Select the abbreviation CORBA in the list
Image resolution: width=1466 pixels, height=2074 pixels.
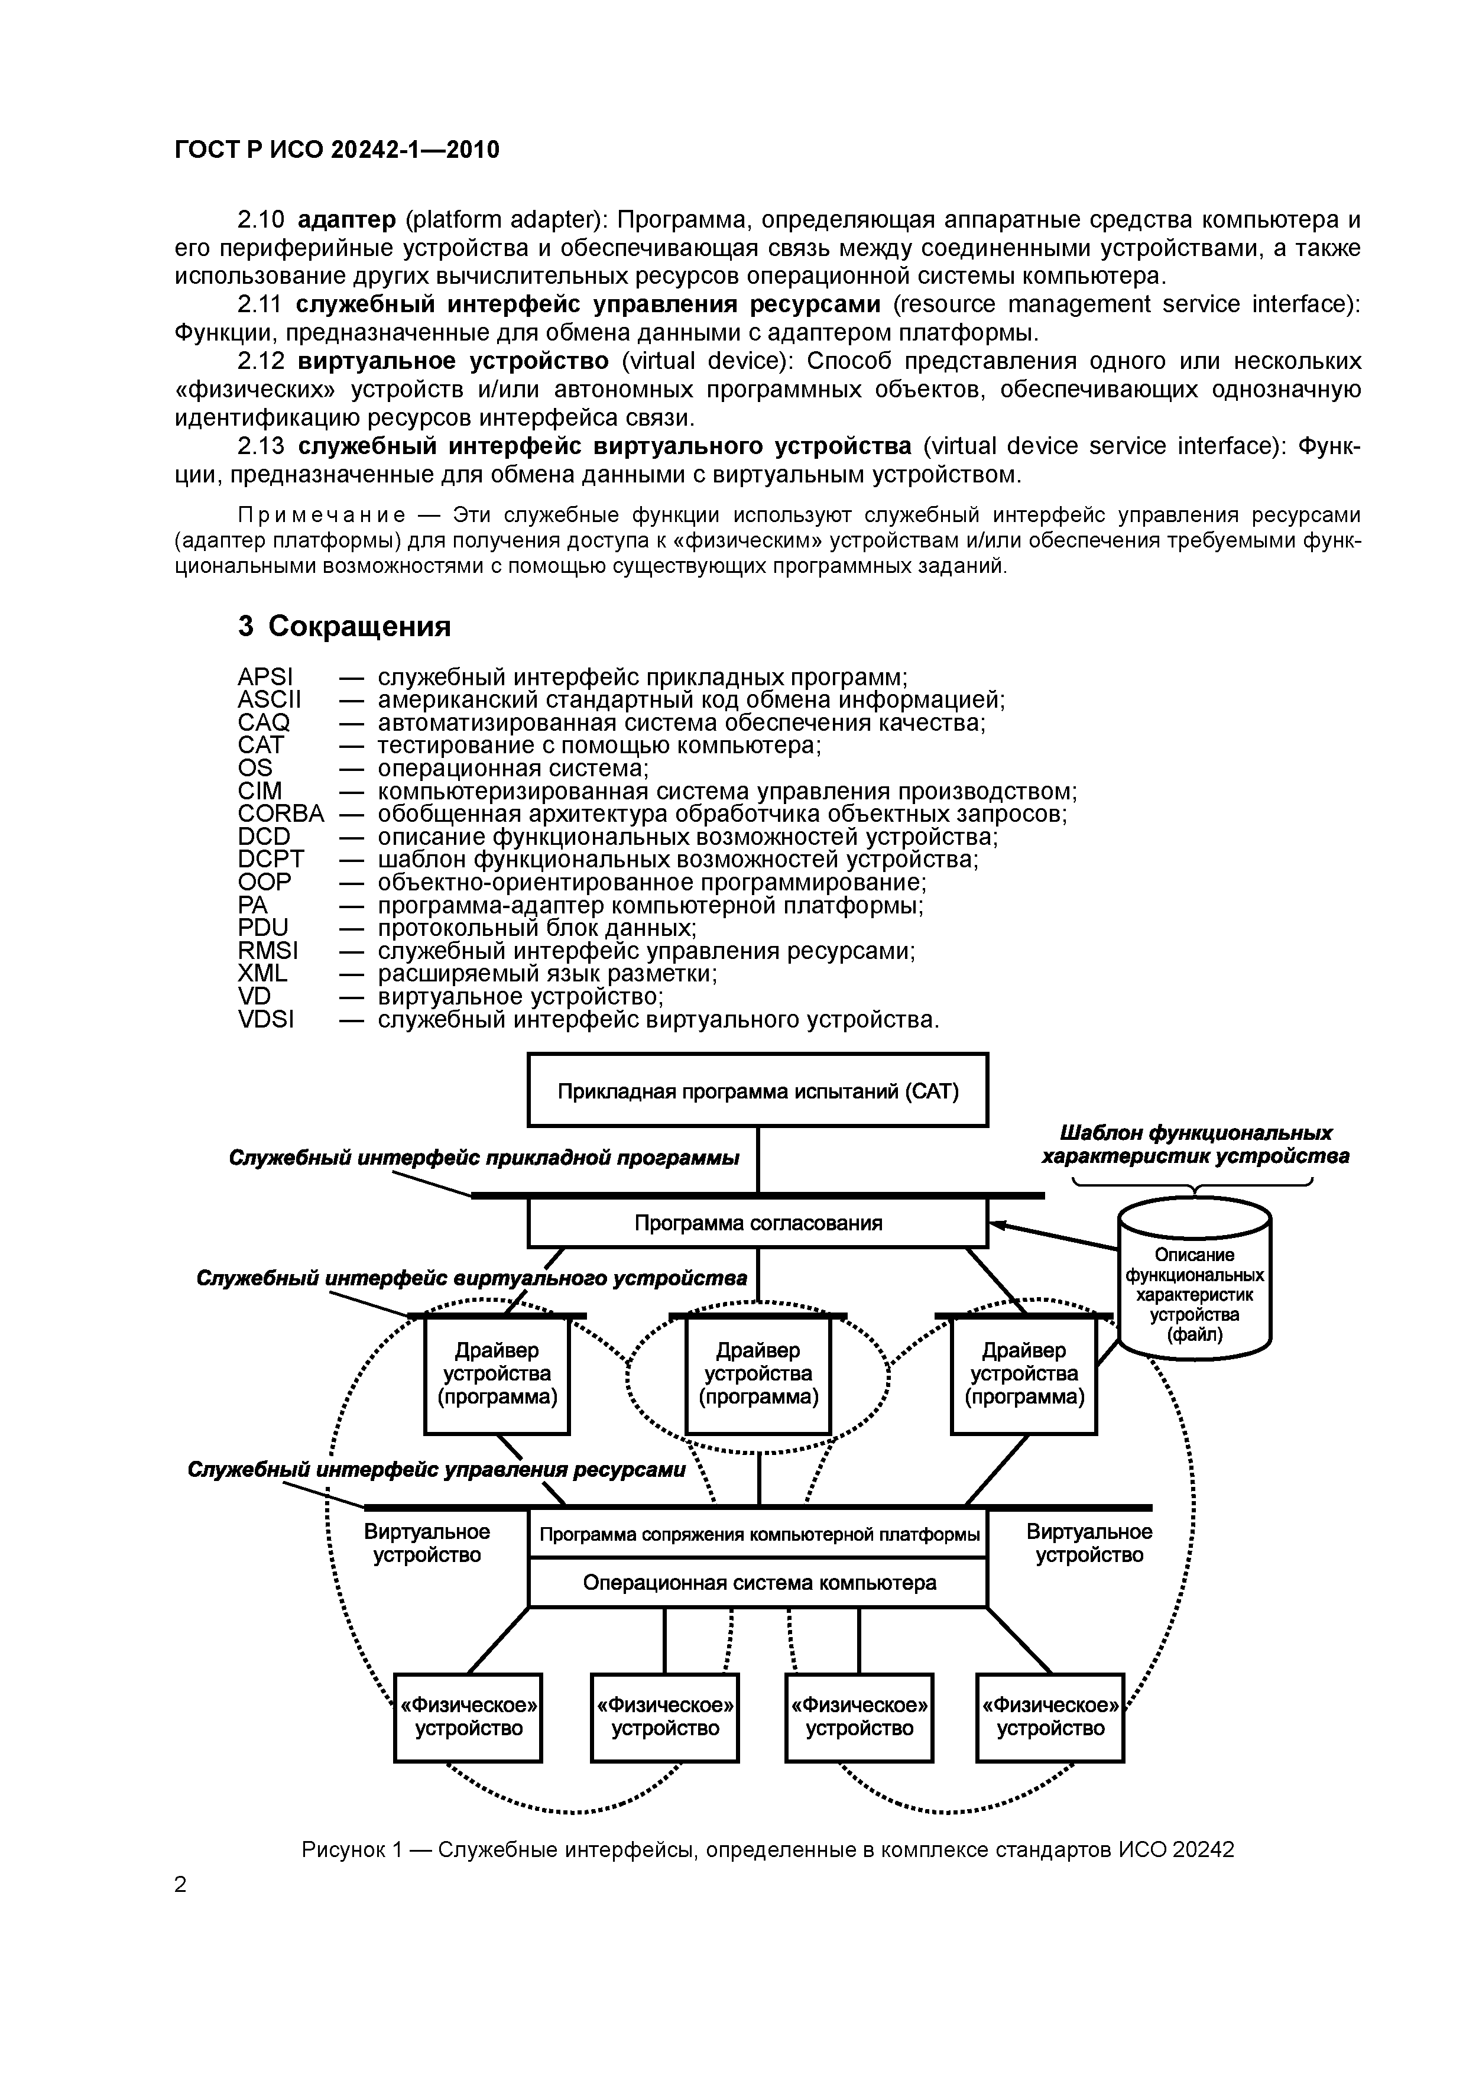(280, 814)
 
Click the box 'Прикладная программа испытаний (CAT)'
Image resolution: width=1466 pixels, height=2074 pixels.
(757, 1090)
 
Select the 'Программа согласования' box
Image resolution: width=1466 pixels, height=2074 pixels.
(757, 1224)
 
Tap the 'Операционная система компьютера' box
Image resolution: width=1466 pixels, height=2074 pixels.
(757, 1583)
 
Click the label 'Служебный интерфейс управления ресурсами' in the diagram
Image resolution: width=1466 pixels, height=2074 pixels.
(436, 1470)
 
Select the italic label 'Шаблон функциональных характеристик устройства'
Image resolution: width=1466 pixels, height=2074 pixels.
(1195, 1145)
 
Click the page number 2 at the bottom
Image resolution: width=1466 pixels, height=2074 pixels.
(181, 1884)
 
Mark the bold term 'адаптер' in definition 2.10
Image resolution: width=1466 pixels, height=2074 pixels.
(346, 219)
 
